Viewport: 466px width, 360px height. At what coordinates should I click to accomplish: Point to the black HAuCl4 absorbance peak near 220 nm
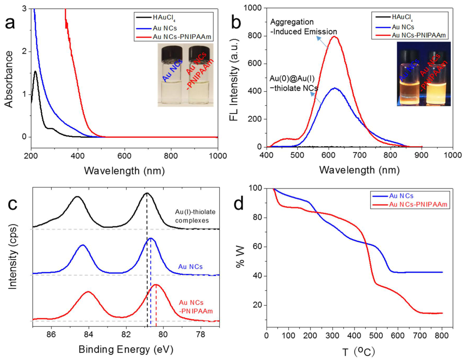click(36, 71)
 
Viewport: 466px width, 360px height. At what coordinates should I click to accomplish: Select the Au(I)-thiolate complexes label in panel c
click(195, 216)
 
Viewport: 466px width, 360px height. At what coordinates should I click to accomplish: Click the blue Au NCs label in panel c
click(190, 267)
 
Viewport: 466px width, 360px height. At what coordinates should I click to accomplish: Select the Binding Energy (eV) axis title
click(126, 349)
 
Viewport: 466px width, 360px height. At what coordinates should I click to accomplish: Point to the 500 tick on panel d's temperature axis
click(376, 335)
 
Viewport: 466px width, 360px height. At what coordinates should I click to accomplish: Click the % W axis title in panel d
click(240, 256)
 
